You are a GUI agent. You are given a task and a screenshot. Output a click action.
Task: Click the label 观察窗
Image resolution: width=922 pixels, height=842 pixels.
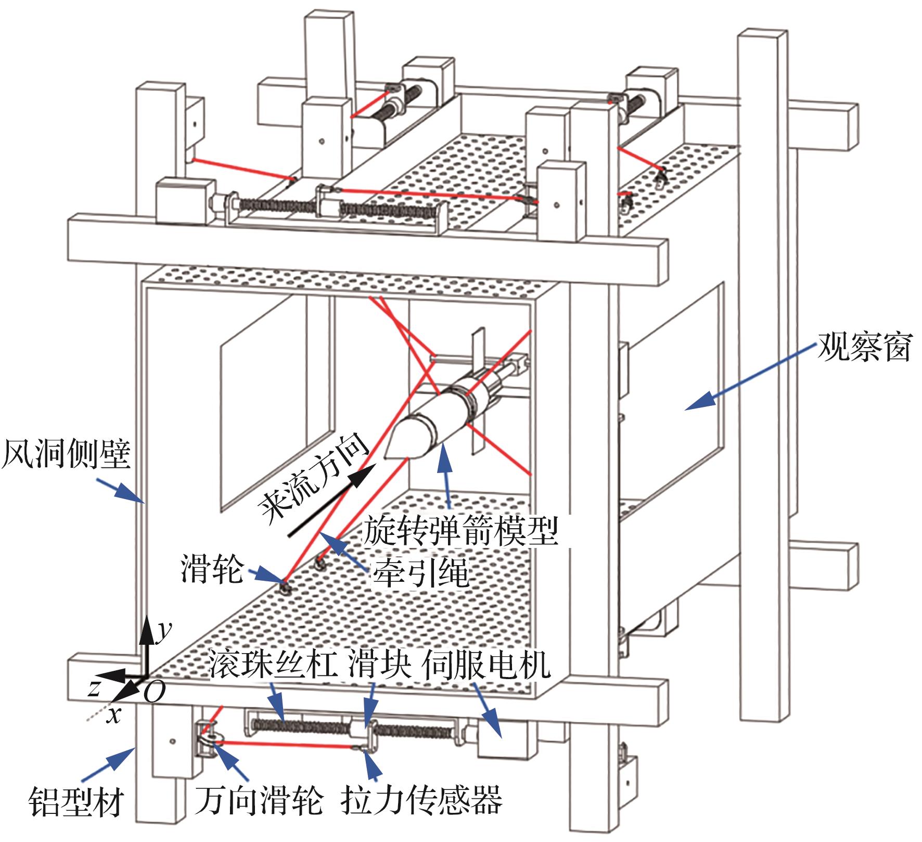click(864, 347)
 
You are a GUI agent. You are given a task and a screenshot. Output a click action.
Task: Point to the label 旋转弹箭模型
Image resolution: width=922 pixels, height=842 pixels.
click(460, 531)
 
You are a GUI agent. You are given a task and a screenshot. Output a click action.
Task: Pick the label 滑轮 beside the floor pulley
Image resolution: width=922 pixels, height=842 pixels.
click(212, 569)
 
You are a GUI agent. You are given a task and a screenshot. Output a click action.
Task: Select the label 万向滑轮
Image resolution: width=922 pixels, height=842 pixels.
click(259, 801)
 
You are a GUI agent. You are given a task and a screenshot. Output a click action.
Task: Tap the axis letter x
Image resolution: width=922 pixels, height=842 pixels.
click(113, 716)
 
